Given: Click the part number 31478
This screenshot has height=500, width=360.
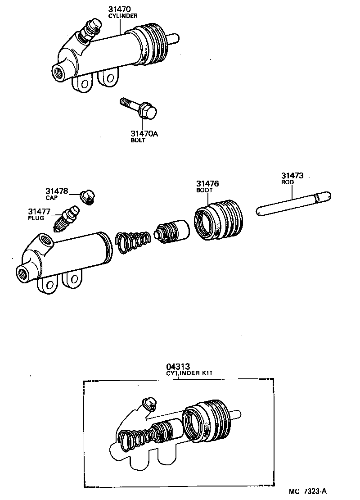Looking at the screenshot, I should tap(56, 191).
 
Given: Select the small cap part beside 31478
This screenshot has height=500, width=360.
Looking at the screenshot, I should tap(87, 196).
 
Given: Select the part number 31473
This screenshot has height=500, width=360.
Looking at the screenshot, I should tap(292, 176).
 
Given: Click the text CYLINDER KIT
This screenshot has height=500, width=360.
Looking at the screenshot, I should tap(189, 373).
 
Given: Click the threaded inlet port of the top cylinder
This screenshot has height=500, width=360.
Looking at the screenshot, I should tap(59, 71).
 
